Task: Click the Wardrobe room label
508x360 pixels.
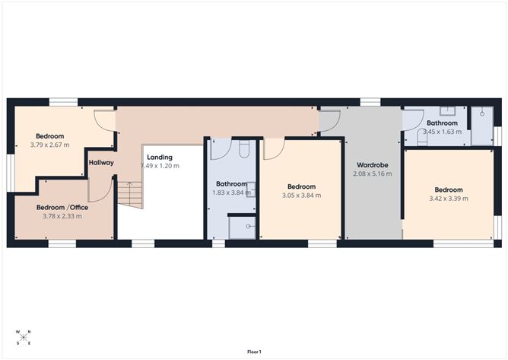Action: [373, 164]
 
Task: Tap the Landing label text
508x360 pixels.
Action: [159, 158]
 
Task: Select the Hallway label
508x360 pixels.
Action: [101, 162]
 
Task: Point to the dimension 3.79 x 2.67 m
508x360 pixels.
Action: [50, 145]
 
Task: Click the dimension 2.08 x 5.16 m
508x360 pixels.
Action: [373, 174]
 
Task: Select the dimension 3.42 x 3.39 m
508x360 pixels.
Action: [449, 199]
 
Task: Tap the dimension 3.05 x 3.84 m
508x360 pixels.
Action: [300, 195]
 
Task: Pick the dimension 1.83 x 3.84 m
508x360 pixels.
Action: [231, 192]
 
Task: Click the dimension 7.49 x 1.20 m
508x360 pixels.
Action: [160, 166]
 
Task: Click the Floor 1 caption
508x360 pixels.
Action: [254, 352]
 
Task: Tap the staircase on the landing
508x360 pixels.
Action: [131, 195]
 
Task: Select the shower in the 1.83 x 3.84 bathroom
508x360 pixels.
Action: [241, 227]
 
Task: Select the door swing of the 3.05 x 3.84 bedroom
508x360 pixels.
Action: [273, 150]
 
